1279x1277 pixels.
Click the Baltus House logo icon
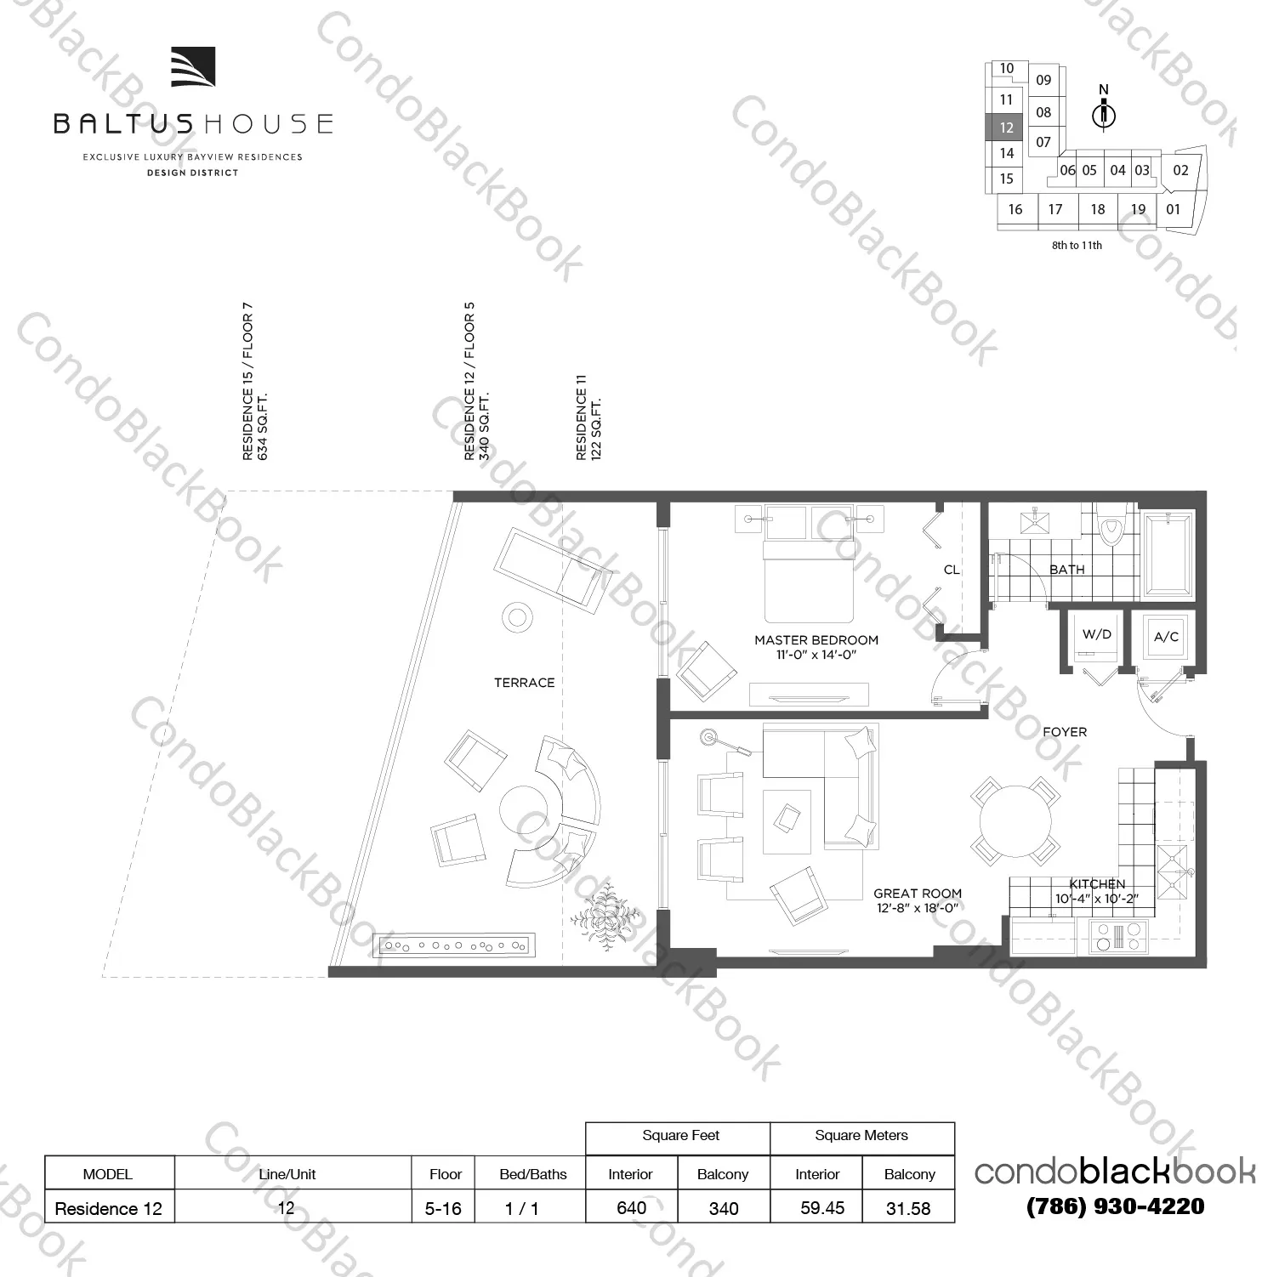point(192,67)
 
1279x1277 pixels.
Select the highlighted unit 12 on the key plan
point(1006,128)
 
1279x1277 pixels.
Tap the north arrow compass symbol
point(1104,113)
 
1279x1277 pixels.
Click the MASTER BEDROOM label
point(816,640)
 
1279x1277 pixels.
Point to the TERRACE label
point(524,683)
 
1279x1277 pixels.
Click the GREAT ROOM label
point(917,894)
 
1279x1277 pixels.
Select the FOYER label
point(1064,732)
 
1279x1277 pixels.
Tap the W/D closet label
point(1096,634)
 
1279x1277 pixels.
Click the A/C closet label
point(1165,636)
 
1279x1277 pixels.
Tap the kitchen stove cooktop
point(1119,937)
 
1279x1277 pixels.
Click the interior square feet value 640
point(631,1208)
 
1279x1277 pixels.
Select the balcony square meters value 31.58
point(907,1208)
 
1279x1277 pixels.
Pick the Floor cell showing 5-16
point(443,1208)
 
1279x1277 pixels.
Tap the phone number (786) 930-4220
point(1115,1206)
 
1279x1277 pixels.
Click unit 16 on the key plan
point(1015,209)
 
